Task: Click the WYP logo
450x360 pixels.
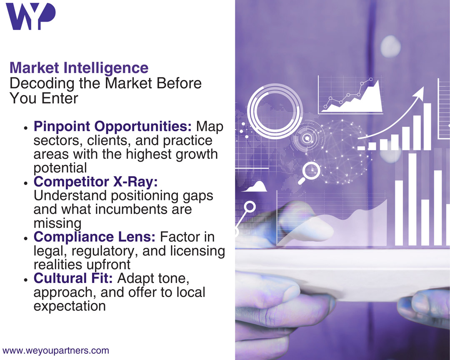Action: click(31, 16)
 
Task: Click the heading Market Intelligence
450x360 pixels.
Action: click(79, 68)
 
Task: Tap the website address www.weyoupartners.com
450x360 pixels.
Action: click(56, 350)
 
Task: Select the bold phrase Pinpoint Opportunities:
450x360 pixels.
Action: click(112, 127)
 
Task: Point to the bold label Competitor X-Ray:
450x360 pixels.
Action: click(95, 182)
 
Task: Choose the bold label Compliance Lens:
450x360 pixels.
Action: click(95, 237)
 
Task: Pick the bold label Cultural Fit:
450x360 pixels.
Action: click(73, 278)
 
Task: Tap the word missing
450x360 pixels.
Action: click(57, 223)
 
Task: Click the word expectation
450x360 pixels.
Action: click(70, 306)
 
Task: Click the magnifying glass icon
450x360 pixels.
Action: click(309, 173)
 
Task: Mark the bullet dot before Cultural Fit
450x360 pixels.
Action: click(26, 279)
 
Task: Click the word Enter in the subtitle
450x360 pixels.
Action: click(60, 98)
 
